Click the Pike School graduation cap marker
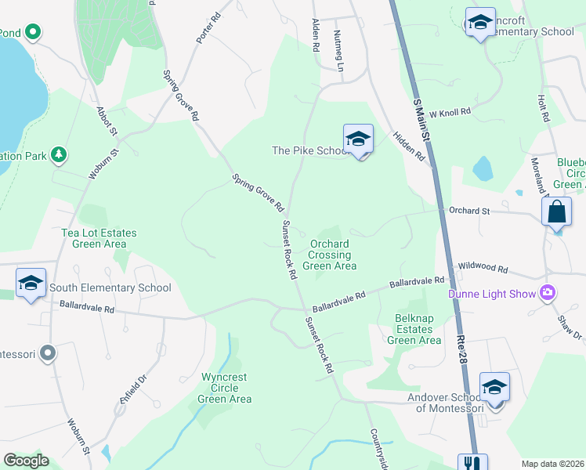click(358, 139)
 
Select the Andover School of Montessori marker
click(494, 387)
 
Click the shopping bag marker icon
click(556, 211)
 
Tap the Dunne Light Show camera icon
click(548, 294)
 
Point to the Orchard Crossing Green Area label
click(330, 255)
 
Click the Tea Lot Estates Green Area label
click(99, 239)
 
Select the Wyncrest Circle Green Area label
click(224, 388)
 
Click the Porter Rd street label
click(205, 27)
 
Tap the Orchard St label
click(468, 210)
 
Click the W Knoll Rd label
click(450, 112)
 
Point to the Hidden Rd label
click(408, 145)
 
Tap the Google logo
click(26, 461)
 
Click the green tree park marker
click(58, 155)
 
